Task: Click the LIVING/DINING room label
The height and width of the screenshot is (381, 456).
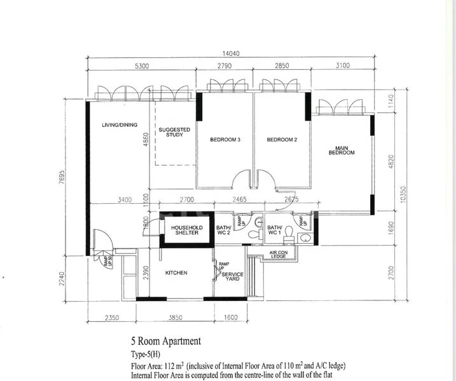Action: click(119, 125)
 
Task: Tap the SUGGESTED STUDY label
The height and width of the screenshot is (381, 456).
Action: click(175, 132)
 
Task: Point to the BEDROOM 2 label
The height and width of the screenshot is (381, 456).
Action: click(282, 139)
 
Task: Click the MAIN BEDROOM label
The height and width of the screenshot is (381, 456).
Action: click(341, 151)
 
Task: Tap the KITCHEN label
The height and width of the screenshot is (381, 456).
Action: click(176, 273)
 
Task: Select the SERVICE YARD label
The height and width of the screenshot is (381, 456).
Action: click(232, 277)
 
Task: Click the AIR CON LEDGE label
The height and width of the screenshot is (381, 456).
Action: click(278, 255)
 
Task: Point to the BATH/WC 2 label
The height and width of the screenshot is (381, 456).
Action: click(224, 230)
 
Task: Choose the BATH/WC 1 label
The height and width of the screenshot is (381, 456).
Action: click(275, 230)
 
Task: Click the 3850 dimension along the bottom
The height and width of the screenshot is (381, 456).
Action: click(175, 317)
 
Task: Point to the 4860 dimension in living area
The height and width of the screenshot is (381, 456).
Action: click(145, 139)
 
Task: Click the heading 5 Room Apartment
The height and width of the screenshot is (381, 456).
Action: click(166, 341)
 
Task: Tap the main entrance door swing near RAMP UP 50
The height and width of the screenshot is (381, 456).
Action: click(101, 240)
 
